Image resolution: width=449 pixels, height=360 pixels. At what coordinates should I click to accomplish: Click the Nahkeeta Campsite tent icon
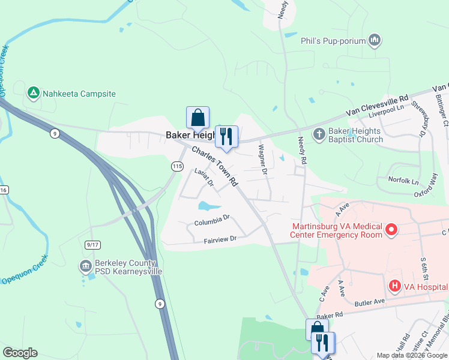coord(34,93)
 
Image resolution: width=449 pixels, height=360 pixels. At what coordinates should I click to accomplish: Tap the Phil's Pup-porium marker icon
coord(375,40)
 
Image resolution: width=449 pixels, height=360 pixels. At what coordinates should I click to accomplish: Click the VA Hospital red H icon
coord(394,286)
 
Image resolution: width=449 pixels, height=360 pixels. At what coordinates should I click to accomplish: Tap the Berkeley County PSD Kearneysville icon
coord(85,266)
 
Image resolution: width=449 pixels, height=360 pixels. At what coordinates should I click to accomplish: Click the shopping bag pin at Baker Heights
coord(198,118)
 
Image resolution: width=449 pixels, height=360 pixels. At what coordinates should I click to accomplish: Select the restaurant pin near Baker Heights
coord(226,137)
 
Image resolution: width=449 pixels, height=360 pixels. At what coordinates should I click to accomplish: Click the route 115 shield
coord(177,166)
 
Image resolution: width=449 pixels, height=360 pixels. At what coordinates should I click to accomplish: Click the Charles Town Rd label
coord(215,166)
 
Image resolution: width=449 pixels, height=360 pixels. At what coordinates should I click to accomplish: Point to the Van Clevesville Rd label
coord(377,106)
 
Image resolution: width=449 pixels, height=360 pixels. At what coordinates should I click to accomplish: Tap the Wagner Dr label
coord(262,159)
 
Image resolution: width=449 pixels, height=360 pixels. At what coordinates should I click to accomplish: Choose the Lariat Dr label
coord(204,181)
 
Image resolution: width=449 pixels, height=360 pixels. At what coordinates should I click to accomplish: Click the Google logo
coord(20,353)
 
